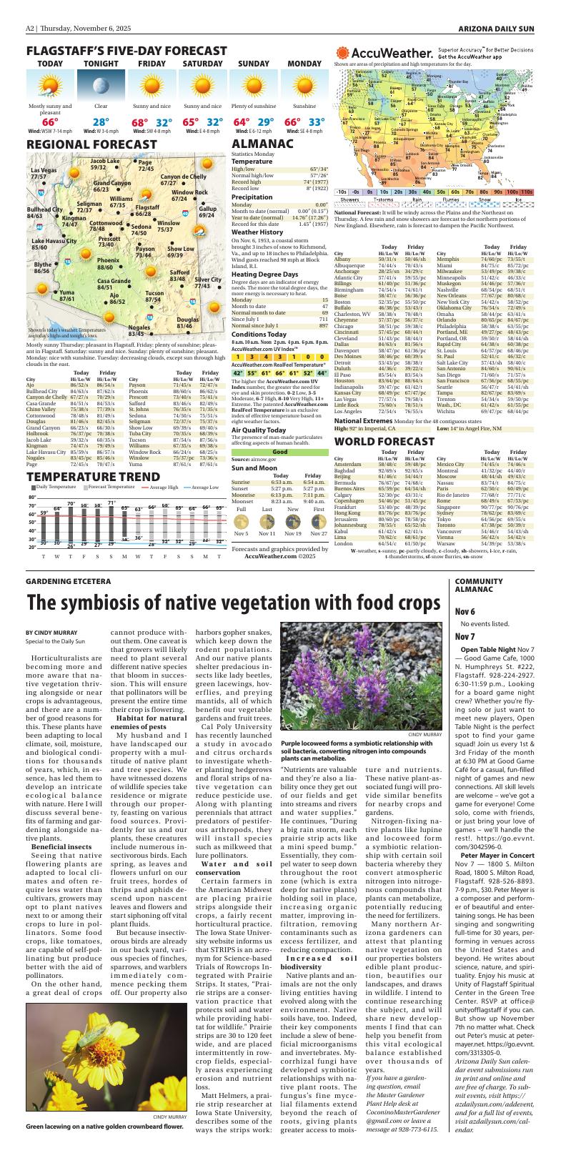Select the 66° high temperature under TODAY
(x=49, y=122)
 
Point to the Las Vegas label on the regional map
(x=43, y=174)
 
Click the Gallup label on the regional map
(x=207, y=212)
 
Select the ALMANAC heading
(x=262, y=144)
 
